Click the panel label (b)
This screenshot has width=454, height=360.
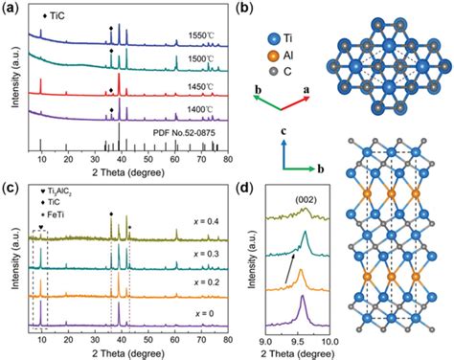tap(243, 10)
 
